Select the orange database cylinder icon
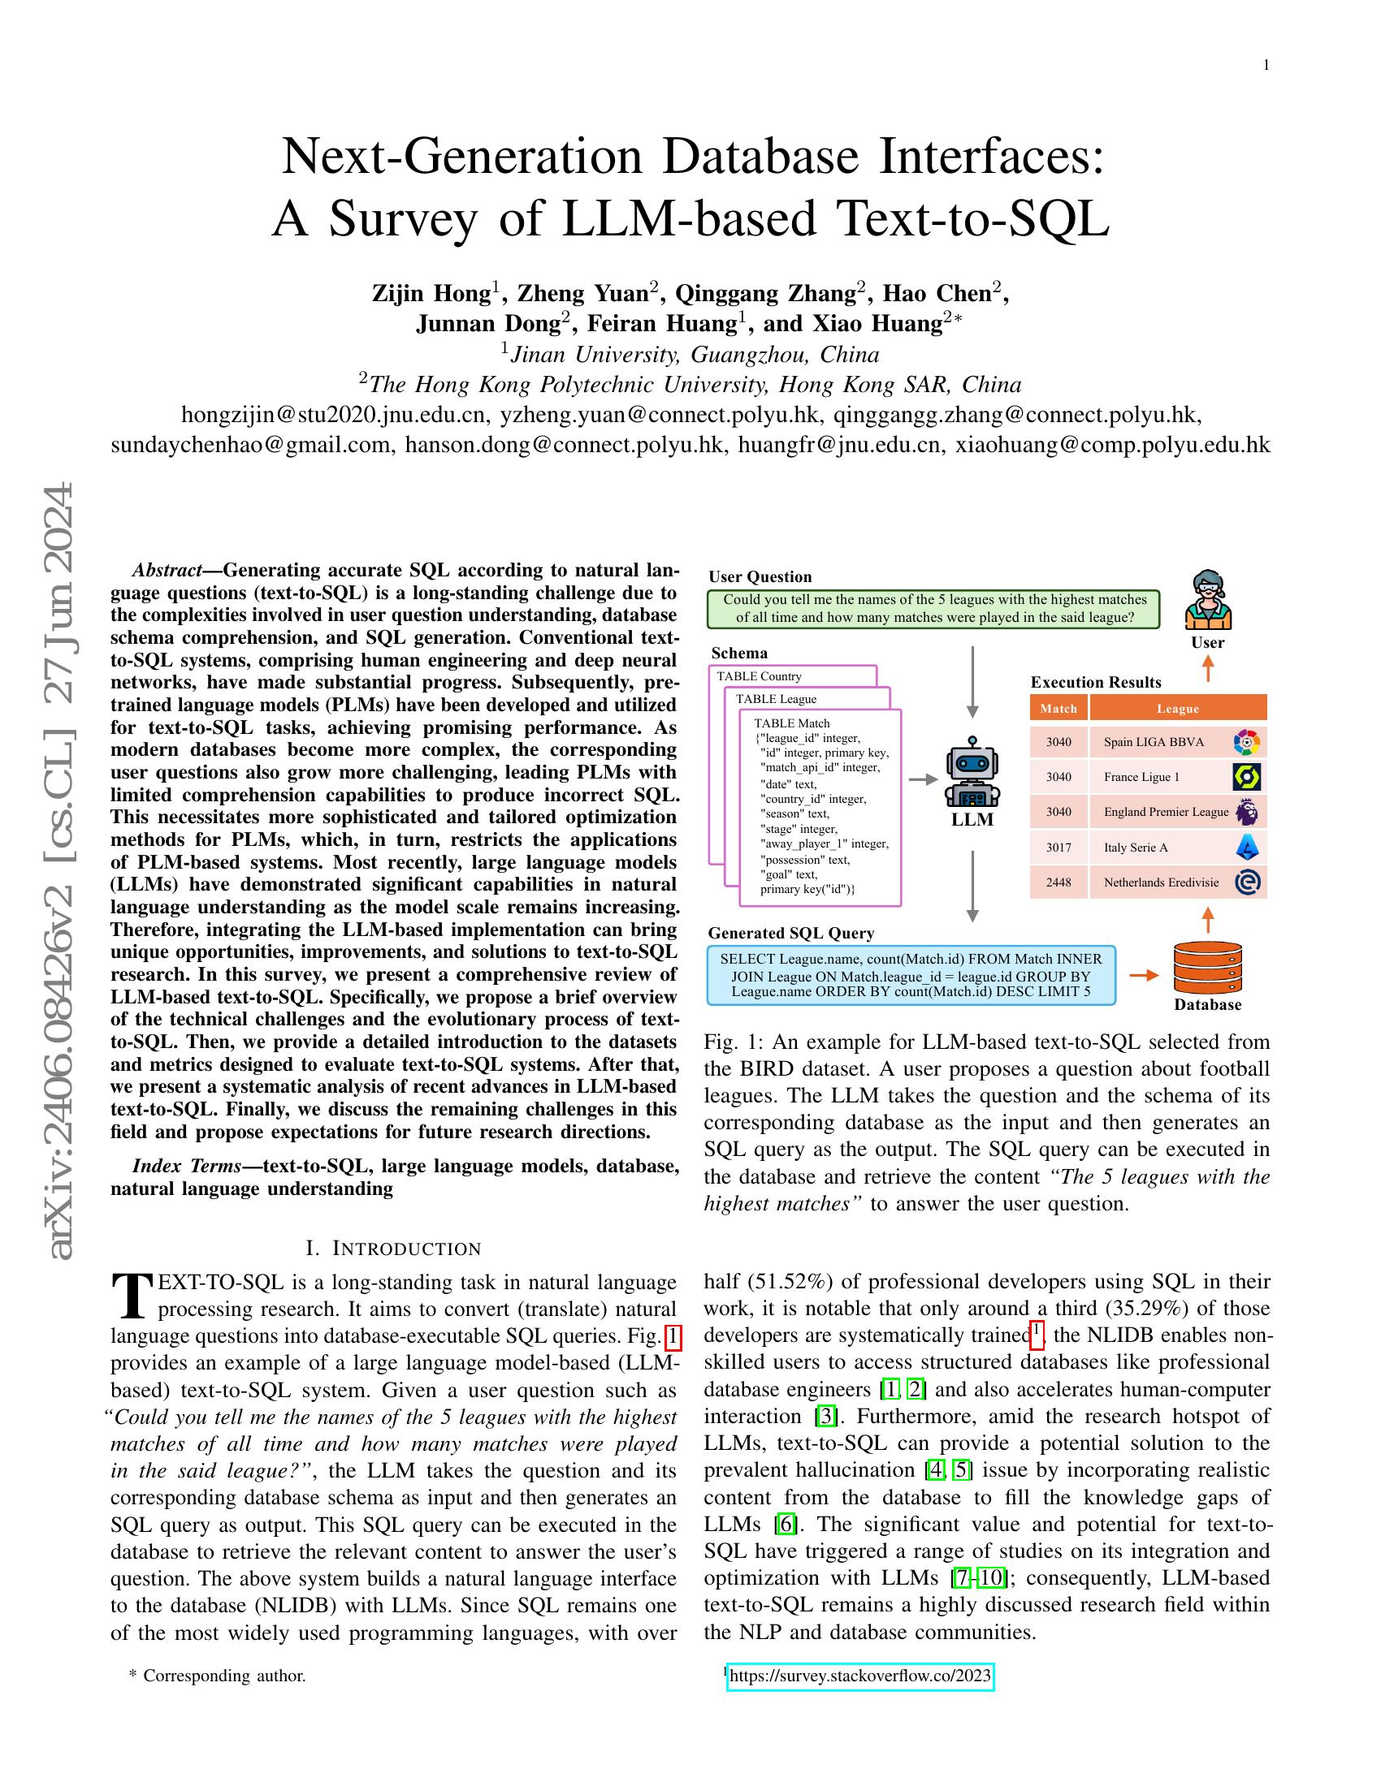[x=1206, y=968]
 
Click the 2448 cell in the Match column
[x=1058, y=882]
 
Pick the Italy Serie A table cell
[x=1136, y=848]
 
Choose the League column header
[x=1177, y=708]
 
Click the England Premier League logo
[x=1247, y=812]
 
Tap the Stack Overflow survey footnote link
[x=859, y=1676]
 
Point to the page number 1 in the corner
[x=1266, y=66]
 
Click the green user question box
[x=933, y=608]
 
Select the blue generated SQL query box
[x=911, y=975]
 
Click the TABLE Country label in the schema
[x=760, y=676]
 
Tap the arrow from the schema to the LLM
[x=923, y=779]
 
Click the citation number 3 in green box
[x=826, y=1416]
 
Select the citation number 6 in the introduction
[x=786, y=1524]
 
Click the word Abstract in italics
[x=167, y=570]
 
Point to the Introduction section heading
[x=393, y=1249]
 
